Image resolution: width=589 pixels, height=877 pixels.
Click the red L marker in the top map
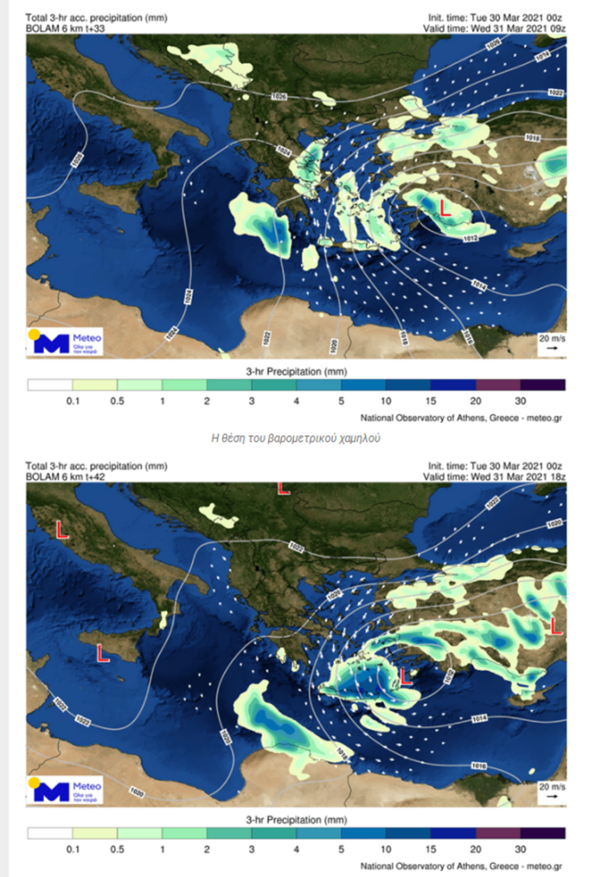tap(444, 209)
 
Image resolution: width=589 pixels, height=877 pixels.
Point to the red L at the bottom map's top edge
tap(282, 487)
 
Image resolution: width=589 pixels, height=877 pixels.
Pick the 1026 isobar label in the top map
tap(279, 96)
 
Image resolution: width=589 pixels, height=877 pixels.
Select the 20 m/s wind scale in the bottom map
tap(551, 790)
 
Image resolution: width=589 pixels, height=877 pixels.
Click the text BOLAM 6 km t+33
tap(67, 27)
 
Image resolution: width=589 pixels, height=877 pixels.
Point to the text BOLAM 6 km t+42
tap(67, 475)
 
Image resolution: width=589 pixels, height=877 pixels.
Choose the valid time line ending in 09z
tap(494, 27)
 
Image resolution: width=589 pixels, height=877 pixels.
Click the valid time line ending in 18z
tap(494, 475)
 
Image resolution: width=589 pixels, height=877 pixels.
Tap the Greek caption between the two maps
tap(294, 438)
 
